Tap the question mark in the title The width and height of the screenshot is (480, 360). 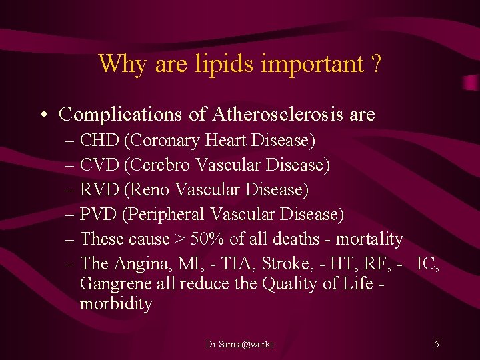pyautogui.click(x=376, y=64)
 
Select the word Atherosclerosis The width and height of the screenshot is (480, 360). pyautogui.click(x=279, y=114)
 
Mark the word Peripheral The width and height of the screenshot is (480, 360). pyautogui.click(x=167, y=214)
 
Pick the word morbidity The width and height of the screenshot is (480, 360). pyautogui.click(x=116, y=304)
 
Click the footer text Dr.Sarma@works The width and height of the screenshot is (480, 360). pyautogui.click(x=239, y=344)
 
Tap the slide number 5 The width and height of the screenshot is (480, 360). pyautogui.click(x=437, y=344)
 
